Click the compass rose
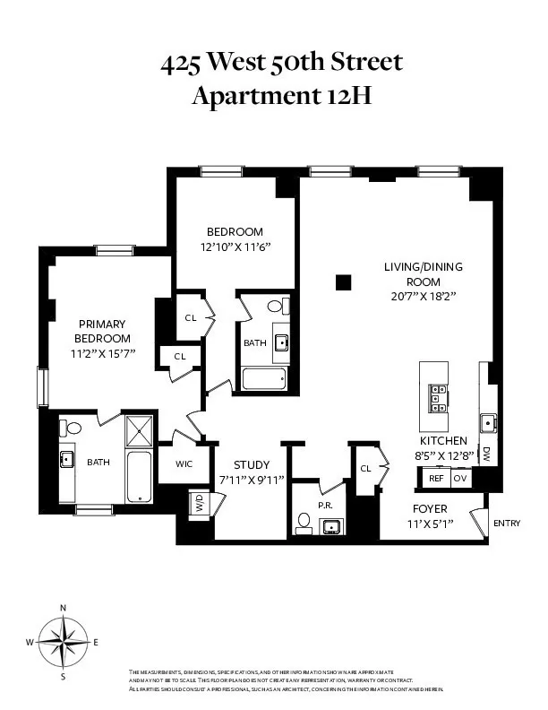click(63, 642)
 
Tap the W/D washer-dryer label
click(197, 504)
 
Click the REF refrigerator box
click(436, 478)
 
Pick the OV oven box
click(460, 478)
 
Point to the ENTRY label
click(506, 524)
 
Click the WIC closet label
click(184, 464)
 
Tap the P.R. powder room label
click(326, 506)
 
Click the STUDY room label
click(252, 464)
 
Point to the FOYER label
click(431, 508)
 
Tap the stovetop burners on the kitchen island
click(439, 395)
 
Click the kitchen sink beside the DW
click(488, 423)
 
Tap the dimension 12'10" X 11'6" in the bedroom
click(235, 246)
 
